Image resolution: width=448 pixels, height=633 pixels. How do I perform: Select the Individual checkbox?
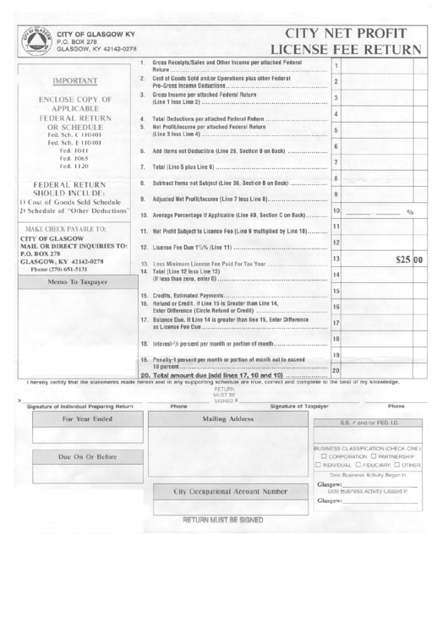(x=317, y=464)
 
